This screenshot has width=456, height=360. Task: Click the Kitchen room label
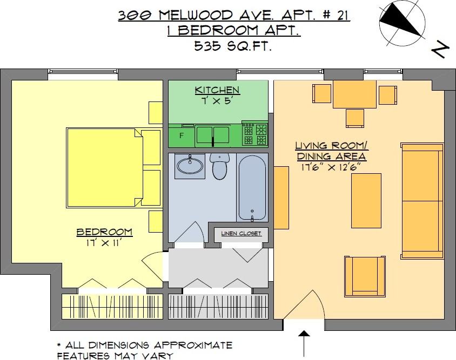point(217,90)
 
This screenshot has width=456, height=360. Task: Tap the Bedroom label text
point(104,232)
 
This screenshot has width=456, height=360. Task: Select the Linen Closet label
point(241,233)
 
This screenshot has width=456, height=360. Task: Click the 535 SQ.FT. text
point(233,46)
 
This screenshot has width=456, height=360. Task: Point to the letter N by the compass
point(439,50)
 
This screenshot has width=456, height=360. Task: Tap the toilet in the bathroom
point(219,166)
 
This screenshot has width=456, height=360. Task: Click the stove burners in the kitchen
point(255,134)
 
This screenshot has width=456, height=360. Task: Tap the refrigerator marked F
point(181,135)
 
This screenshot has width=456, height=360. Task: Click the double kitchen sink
point(213,134)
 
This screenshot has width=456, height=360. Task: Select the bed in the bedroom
point(105,168)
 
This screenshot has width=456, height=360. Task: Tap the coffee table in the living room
point(366,201)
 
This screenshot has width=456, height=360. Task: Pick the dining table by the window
point(354,94)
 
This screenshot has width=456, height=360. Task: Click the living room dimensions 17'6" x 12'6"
point(331,168)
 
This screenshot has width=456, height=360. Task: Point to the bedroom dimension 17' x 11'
point(104,243)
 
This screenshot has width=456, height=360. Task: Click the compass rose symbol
point(402,24)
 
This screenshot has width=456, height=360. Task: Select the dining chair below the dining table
point(355,118)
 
